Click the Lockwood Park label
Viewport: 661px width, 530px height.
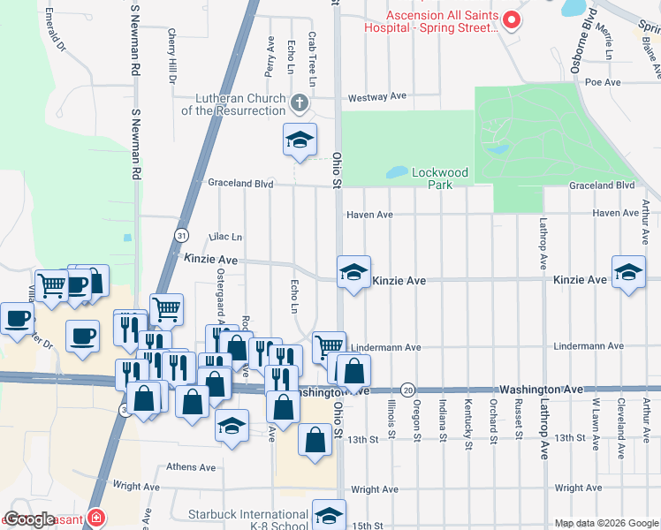[x=439, y=178]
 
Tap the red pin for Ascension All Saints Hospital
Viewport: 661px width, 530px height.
[x=510, y=19]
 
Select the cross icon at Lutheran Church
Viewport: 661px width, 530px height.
[x=300, y=104]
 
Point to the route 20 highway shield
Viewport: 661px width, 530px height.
[x=406, y=390]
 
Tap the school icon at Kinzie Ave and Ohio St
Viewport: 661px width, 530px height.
[x=353, y=273]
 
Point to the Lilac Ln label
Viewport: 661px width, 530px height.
[x=224, y=237]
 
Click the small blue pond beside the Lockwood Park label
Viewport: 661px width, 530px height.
[x=398, y=171]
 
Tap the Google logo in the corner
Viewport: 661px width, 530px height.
[x=30, y=519]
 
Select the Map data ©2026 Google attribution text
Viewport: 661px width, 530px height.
[x=605, y=523]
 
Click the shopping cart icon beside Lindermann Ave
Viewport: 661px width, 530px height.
[x=329, y=345]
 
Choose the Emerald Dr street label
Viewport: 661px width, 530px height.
[x=56, y=29]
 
